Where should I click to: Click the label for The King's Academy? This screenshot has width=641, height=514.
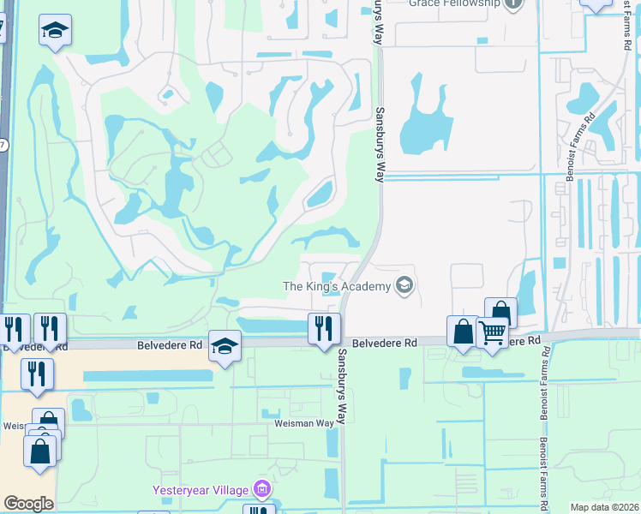pyautogui.click(x=338, y=285)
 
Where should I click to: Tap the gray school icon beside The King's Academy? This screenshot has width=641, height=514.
pyautogui.click(x=404, y=285)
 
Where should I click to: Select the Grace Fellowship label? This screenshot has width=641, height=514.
pyautogui.click(x=453, y=3)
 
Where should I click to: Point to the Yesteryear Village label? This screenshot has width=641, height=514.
pyautogui.click(x=200, y=490)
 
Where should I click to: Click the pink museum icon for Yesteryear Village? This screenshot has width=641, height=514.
pyautogui.click(x=261, y=490)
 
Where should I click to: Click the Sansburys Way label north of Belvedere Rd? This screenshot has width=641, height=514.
pyautogui.click(x=378, y=143)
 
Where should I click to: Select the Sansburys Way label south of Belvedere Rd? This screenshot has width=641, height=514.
pyautogui.click(x=340, y=385)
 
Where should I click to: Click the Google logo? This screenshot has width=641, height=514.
pyautogui.click(x=28, y=503)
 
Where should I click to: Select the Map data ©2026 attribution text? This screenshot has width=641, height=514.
pyautogui.click(x=604, y=507)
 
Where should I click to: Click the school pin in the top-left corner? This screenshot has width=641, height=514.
pyautogui.click(x=55, y=31)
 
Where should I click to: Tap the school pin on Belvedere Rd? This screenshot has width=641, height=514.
pyautogui.click(x=225, y=346)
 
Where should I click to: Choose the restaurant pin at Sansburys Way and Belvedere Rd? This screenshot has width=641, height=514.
pyautogui.click(x=325, y=329)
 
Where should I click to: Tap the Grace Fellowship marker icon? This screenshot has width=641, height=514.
pyautogui.click(x=513, y=3)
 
